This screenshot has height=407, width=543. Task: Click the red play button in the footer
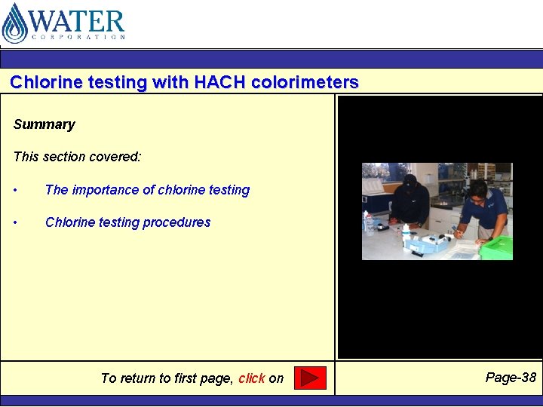(309, 378)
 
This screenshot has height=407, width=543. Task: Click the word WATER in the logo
(76, 20)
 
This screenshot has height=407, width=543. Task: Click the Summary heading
(44, 124)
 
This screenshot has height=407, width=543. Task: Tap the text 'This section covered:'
(78, 157)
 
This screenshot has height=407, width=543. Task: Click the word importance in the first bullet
(103, 190)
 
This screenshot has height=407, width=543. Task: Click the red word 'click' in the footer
(251, 378)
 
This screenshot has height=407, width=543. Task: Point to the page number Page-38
(511, 378)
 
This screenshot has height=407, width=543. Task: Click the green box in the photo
(495, 247)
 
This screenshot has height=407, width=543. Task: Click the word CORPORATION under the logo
(78, 36)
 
